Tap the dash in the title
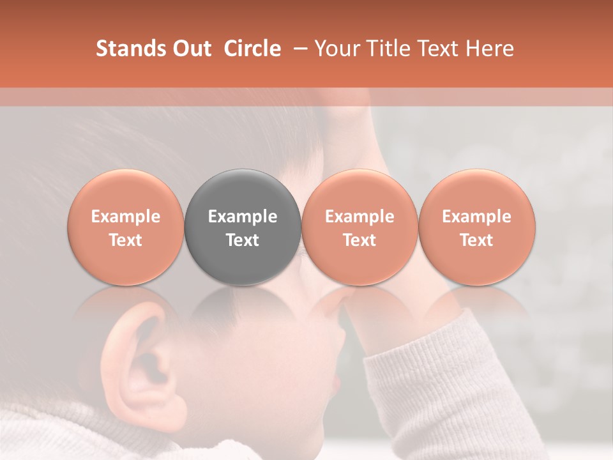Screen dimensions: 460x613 tap(298, 49)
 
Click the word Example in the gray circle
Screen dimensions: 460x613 tap(243, 217)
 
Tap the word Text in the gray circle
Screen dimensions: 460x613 tap(243, 240)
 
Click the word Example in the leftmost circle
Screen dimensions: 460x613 tap(125, 217)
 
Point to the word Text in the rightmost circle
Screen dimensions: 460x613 tap(477, 240)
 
